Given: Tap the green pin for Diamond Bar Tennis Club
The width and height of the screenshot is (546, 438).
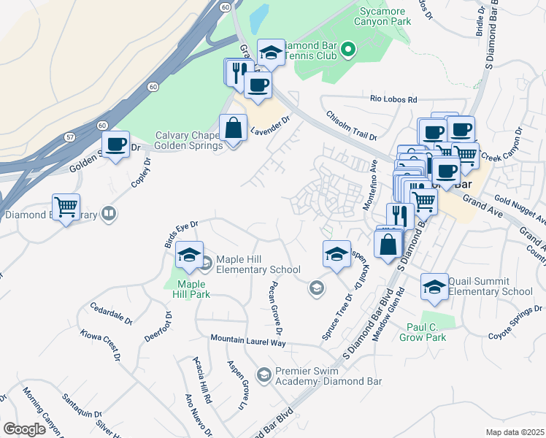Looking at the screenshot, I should click(x=349, y=50).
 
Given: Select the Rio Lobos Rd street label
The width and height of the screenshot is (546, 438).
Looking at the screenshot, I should click(x=393, y=99).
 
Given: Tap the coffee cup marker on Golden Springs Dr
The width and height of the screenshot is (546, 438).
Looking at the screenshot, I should click(x=115, y=145).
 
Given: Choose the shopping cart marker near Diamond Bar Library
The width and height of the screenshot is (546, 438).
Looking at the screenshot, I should click(x=66, y=207).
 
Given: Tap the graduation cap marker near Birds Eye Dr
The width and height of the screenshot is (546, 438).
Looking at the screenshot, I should click(x=189, y=254).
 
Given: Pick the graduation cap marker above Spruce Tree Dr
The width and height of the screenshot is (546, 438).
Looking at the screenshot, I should click(x=336, y=254).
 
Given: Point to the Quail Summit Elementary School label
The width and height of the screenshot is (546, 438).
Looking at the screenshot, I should click(x=491, y=286).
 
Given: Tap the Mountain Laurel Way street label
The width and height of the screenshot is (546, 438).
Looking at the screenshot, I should click(x=248, y=341).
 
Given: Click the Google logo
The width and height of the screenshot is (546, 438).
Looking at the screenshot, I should click(x=24, y=429).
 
